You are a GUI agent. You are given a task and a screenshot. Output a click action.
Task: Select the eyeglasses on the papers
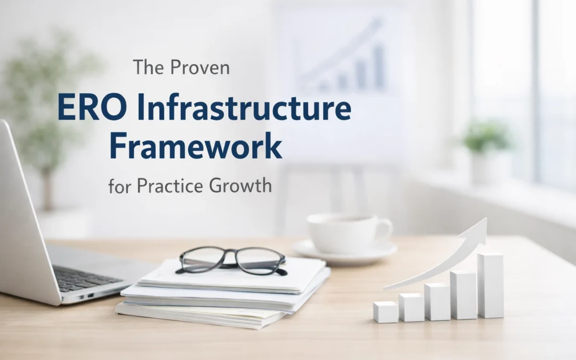pyautogui.click(x=233, y=260)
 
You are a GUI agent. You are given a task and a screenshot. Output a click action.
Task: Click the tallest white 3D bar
pyautogui.click(x=490, y=285)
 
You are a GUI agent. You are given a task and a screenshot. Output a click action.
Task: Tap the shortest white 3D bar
pyautogui.click(x=385, y=312)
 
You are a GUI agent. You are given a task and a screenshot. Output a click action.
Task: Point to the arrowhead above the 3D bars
pyautogui.click(x=478, y=228)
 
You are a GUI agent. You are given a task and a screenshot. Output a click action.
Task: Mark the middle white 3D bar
pyautogui.click(x=438, y=302)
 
